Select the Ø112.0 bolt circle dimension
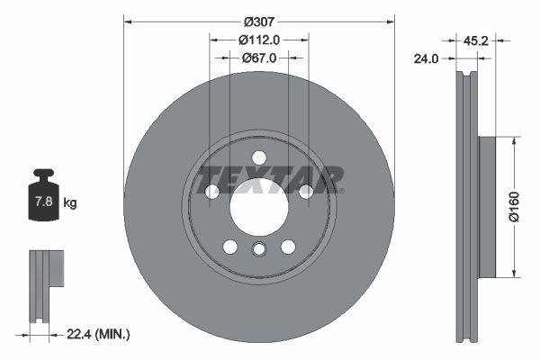pos(259,39)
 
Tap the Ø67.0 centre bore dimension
pos(259,58)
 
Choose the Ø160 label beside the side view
pos(512,205)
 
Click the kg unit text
pos(69,203)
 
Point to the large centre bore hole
pos(259,210)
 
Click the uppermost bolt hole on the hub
pos(259,157)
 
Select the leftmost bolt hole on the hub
pos(213,191)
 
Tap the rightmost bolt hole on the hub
pos(305,191)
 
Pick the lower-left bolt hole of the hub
pos(230,247)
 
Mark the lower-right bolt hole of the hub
pos(288,247)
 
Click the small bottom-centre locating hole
pos(259,251)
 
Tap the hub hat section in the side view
pos(486,207)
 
